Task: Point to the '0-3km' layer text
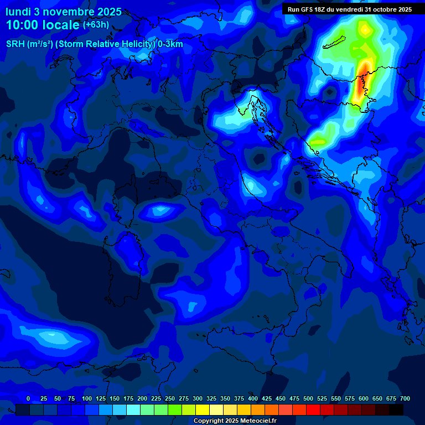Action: coord(170,44)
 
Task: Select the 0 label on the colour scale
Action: coord(28,398)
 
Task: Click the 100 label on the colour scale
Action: coord(87,398)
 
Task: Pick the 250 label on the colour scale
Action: coord(170,398)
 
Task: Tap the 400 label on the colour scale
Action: coord(253,398)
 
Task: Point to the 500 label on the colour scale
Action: coord(308,398)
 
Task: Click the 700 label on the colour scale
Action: coord(405,398)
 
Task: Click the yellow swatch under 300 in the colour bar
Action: coord(203,410)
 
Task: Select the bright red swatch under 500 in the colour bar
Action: coord(313,410)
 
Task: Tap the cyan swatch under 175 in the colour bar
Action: coord(133,410)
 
